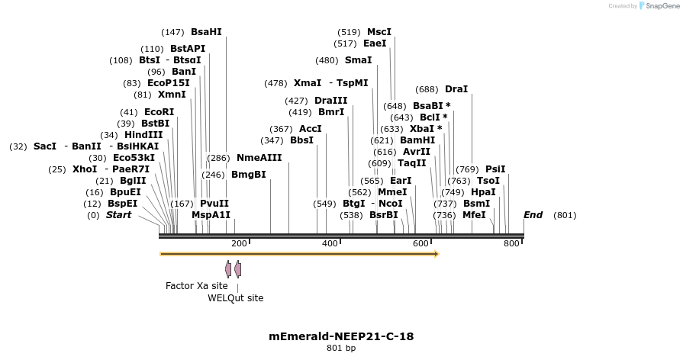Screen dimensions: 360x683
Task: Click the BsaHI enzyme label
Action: [x=206, y=32]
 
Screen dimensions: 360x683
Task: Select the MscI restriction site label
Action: [x=379, y=32]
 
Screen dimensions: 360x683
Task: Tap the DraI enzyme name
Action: [x=456, y=89]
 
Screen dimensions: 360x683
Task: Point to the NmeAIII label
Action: [x=259, y=158]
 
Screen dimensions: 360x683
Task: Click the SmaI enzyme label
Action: [x=358, y=60]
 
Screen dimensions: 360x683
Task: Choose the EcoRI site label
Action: [x=159, y=112]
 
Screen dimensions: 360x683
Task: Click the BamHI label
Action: [x=417, y=140]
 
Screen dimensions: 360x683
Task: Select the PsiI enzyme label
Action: [x=495, y=169]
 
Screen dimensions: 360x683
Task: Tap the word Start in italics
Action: [x=118, y=215]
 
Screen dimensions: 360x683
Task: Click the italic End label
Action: [x=533, y=215]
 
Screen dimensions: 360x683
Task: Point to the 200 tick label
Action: [x=239, y=243]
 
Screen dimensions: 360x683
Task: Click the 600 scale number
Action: [x=421, y=243]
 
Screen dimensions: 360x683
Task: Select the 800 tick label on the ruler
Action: [x=511, y=243]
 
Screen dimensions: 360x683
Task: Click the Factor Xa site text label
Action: [x=197, y=285]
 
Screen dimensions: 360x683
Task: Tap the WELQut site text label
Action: [x=236, y=298]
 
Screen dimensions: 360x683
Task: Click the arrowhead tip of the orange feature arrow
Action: [x=438, y=254]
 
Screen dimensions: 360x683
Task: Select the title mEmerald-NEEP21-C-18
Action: [x=341, y=336]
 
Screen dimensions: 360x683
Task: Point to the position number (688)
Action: [x=426, y=89]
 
